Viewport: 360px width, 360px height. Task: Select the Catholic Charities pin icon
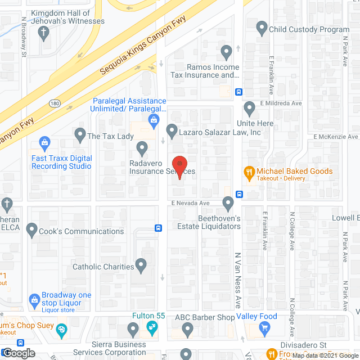pos(141,263)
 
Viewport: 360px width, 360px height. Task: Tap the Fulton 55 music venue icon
pos(151,327)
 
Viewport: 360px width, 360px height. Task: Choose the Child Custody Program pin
pos(262,26)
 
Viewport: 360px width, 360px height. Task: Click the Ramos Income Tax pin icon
pos(226,53)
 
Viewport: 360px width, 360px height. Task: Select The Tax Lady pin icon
pos(79,134)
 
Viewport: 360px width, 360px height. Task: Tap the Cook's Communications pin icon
pos(31,231)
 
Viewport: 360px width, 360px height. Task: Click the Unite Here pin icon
pos(250,107)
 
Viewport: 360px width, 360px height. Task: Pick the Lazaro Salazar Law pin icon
pos(172,130)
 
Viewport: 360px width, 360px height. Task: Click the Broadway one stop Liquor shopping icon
pos(34,298)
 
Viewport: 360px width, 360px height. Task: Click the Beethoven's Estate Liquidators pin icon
pos(228,202)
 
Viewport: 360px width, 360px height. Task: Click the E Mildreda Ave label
pos(281,103)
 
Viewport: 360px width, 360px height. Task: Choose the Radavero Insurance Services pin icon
pos(142,149)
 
